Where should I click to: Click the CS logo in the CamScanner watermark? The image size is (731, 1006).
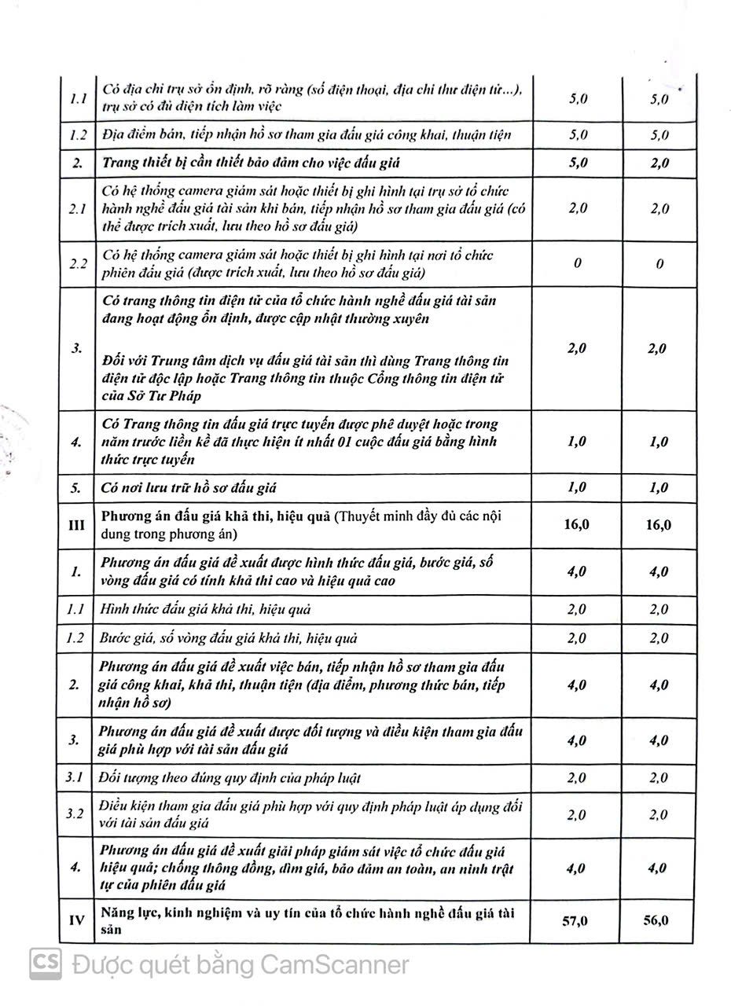(46, 964)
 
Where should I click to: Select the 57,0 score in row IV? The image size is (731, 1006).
(575, 920)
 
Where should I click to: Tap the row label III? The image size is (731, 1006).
(77, 525)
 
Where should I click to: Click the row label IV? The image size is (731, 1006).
(77, 920)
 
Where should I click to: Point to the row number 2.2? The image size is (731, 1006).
(77, 263)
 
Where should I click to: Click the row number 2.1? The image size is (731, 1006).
(77, 209)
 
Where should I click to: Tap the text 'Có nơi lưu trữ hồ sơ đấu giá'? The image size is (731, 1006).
(189, 488)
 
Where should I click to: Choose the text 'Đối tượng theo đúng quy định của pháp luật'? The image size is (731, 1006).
(230, 778)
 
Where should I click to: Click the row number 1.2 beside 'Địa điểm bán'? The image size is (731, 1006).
(77, 134)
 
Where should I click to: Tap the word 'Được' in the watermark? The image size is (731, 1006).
(99, 964)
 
